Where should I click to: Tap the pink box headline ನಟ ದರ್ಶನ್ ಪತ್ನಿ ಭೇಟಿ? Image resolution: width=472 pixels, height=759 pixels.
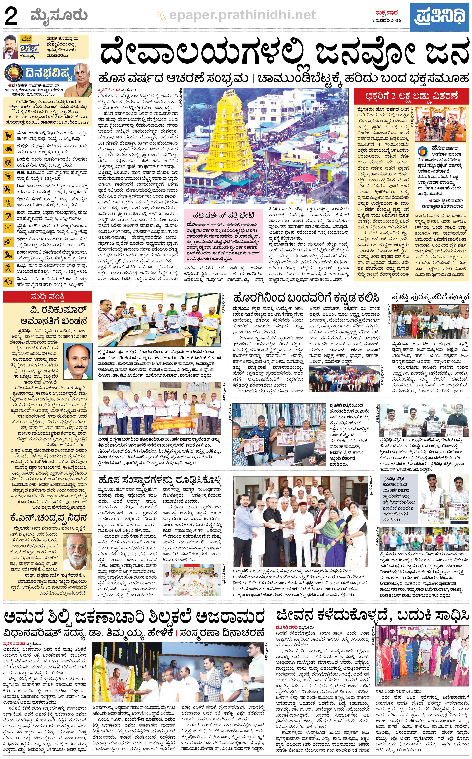[223, 216]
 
